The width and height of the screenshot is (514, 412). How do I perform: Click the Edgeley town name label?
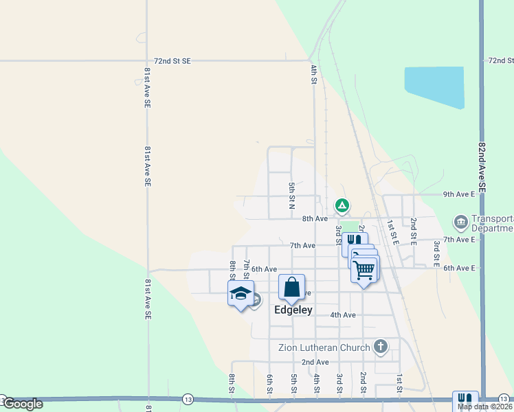coord(293,310)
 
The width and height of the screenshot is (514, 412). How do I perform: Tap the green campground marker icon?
coord(342,205)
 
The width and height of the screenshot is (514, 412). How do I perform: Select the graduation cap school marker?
coord(240,293)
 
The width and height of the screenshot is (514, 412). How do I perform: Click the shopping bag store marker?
coord(291,287)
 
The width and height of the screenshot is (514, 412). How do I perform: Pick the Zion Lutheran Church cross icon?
coord(381,347)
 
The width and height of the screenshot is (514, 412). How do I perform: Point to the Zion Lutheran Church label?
coord(324,347)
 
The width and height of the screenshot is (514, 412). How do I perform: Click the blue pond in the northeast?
coord(434,87)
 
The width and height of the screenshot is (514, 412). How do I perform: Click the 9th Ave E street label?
coord(459,194)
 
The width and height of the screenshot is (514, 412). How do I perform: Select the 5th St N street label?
coord(291,196)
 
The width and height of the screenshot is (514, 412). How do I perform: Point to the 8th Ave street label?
coord(315,218)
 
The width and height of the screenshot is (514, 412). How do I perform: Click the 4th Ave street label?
coord(343,315)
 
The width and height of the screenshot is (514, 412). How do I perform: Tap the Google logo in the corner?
coord(23,404)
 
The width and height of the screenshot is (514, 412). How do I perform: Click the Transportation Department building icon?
coord(460,222)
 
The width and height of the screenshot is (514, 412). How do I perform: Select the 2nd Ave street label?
coord(315,362)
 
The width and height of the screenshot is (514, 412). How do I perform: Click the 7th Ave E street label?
coord(459,239)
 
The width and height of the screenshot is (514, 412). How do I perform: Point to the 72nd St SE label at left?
coord(172,61)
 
